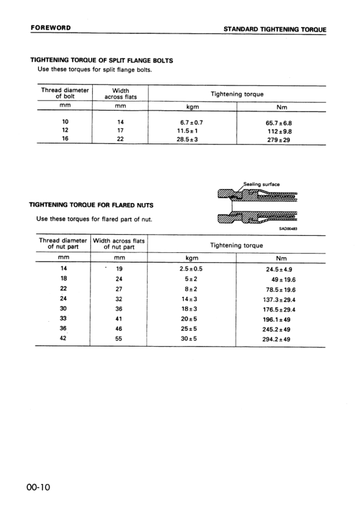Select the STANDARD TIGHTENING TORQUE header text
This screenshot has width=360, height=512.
pyautogui.click(x=274, y=29)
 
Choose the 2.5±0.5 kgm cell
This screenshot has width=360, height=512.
pyautogui.click(x=191, y=268)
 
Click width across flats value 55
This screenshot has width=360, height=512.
pyautogui.click(x=119, y=339)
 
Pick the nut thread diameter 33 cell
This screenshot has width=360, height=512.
pyautogui.click(x=63, y=319)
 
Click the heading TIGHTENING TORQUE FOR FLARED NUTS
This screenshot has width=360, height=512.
pyautogui.click(x=92, y=205)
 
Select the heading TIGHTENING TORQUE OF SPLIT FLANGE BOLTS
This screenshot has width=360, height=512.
pyautogui.click(x=101, y=60)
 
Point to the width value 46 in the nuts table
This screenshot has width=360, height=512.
pyautogui.click(x=119, y=328)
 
